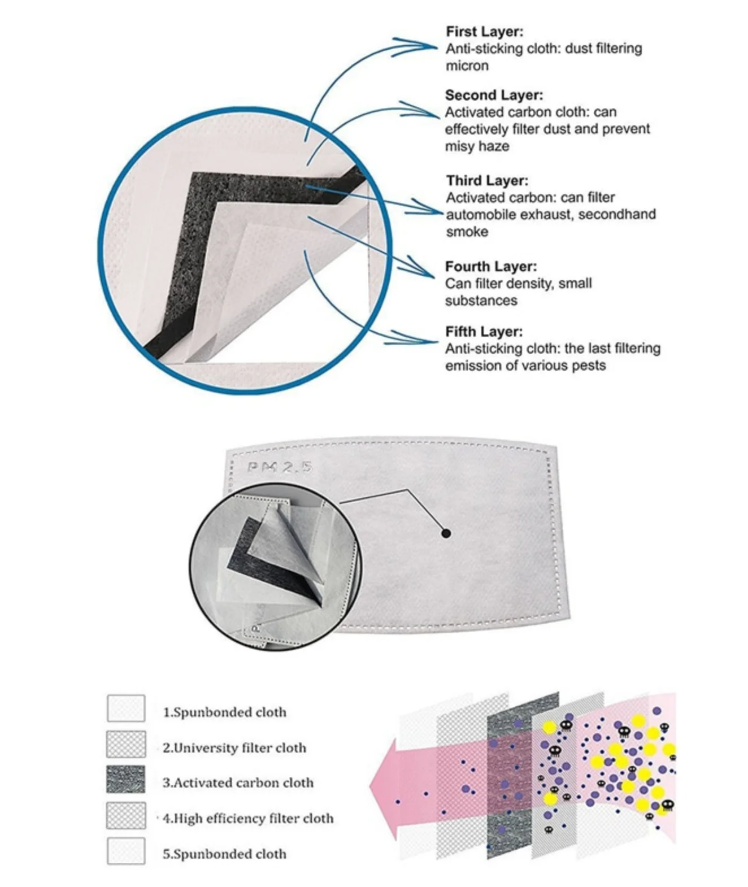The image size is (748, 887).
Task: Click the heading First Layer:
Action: tap(484, 32)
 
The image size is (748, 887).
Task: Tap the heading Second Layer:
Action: tap(494, 95)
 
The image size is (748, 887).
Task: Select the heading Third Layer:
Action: tap(487, 181)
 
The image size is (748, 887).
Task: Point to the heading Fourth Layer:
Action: tap(491, 266)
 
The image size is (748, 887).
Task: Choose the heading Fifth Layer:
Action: tap(484, 332)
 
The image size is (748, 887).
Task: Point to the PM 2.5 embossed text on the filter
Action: tap(280, 467)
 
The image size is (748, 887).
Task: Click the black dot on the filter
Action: tap(446, 533)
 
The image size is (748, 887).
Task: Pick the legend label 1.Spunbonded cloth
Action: tap(224, 712)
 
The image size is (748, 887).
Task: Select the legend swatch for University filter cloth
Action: tap(125, 744)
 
